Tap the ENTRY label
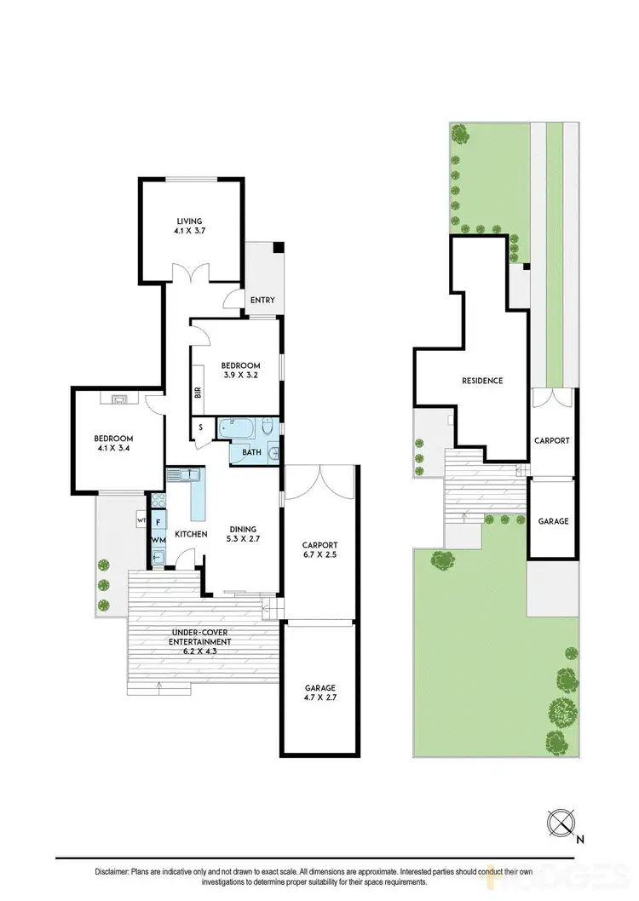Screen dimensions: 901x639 pyautogui.click(x=261, y=300)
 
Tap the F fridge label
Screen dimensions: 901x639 pyautogui.click(x=158, y=522)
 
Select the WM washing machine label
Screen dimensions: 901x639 pyautogui.click(x=158, y=540)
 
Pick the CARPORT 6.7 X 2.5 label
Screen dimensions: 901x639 pyautogui.click(x=320, y=550)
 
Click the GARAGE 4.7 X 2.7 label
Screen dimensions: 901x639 pyautogui.click(x=320, y=692)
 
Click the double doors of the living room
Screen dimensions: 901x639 pyautogui.click(x=189, y=273)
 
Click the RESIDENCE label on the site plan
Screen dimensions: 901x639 pyautogui.click(x=481, y=381)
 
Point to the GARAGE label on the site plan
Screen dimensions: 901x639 pyautogui.click(x=552, y=521)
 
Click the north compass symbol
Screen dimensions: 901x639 pyautogui.click(x=561, y=824)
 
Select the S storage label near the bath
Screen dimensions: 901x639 pyautogui.click(x=201, y=428)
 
